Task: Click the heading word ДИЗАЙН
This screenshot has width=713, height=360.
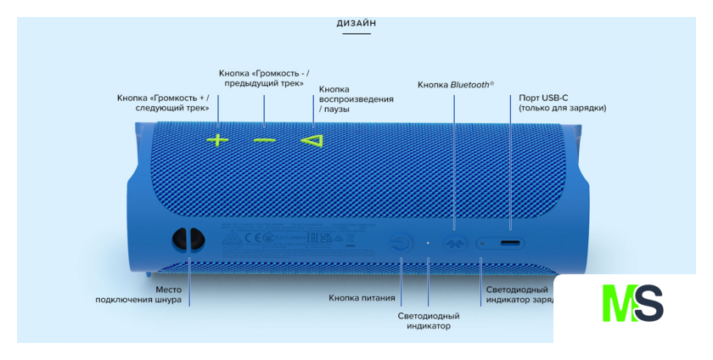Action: pyautogui.click(x=356, y=24)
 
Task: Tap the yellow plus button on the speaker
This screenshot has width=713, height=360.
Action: pyautogui.click(x=218, y=139)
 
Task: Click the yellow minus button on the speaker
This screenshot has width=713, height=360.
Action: pyautogui.click(x=265, y=139)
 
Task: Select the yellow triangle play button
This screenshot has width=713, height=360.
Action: pyautogui.click(x=312, y=139)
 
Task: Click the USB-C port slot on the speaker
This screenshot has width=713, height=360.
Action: pyautogui.click(x=510, y=244)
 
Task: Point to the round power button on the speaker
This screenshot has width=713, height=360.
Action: pyautogui.click(x=402, y=243)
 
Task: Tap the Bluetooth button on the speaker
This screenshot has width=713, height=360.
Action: pyautogui.click(x=455, y=244)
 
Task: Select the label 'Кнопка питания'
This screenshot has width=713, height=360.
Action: pyautogui.click(x=362, y=298)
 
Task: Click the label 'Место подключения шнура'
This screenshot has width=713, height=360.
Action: pyautogui.click(x=138, y=295)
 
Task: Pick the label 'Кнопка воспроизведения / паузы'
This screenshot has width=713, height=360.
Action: pyautogui.click(x=356, y=99)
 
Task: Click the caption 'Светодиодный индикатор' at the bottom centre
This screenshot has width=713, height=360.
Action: pyautogui.click(x=429, y=321)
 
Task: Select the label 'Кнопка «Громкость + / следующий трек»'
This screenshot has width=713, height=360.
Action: pyautogui.click(x=163, y=104)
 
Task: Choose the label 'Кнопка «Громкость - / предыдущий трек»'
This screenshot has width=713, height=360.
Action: pyautogui.click(x=264, y=77)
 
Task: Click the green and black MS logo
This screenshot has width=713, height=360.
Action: pyautogui.click(x=632, y=303)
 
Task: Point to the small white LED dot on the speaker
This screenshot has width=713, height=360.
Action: pyautogui.click(x=429, y=243)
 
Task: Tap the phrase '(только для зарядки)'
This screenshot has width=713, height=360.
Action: pyautogui.click(x=563, y=109)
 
